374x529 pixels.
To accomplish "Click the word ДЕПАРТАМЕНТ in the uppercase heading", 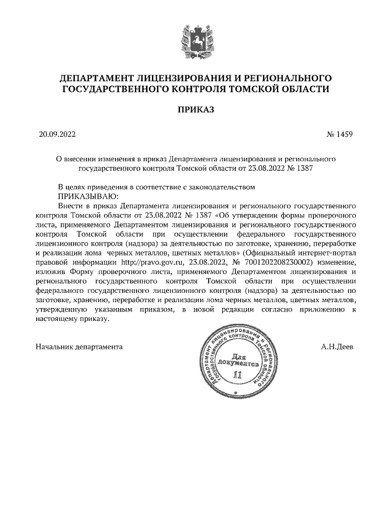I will point(97,78).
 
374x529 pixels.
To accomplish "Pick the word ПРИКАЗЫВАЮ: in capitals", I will point(88,196).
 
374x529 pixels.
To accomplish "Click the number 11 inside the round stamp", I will point(236,374).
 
